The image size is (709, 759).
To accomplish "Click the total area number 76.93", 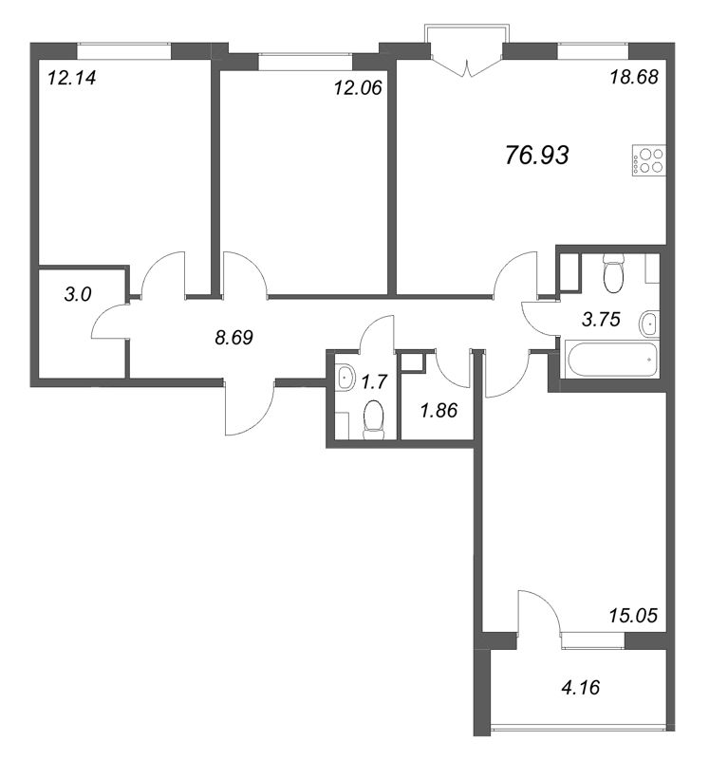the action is coord(536,156).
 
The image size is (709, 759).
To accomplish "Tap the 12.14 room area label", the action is coord(72,78).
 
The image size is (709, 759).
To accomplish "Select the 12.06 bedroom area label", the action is coord(358,87).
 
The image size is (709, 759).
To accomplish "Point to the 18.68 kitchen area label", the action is coord(634,77).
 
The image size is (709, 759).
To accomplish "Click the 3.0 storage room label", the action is coord(78,294).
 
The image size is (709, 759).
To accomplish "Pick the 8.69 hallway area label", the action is coord(233,338).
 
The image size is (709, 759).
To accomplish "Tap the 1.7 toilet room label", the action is coord(374,382).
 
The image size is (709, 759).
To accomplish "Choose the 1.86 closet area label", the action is coord(438,411).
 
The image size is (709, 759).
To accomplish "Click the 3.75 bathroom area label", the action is coord(601,320).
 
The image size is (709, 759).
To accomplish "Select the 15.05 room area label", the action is coord(633,616).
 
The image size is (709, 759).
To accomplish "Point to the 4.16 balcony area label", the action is coord(581,687).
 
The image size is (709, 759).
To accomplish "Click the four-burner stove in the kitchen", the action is coord(648,160).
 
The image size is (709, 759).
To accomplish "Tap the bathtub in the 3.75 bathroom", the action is coord(612,360).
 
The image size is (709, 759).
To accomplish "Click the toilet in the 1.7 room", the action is coord(373,419).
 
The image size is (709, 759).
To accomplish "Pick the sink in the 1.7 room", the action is coord(345,377).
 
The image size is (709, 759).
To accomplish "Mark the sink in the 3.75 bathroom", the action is coord(649,324).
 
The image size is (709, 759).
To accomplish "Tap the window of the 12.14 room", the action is coord(124,51).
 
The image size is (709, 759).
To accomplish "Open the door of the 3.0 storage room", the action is coord(110,322).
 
